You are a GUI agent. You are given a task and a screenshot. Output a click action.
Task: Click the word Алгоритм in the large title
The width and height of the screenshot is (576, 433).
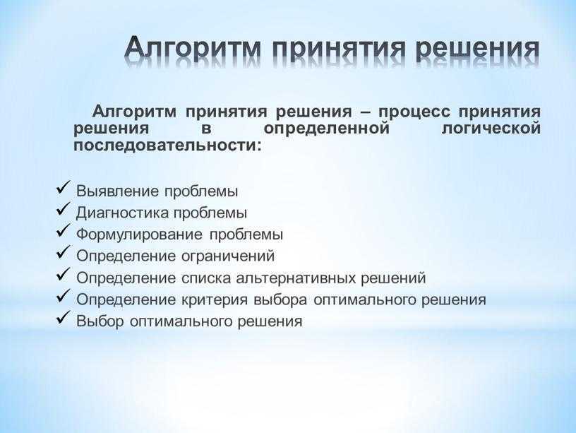(x=193, y=49)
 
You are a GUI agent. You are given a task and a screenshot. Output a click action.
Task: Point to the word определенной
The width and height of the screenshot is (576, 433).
(x=326, y=129)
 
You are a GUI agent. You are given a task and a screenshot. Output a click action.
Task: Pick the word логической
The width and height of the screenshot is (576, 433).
(x=491, y=129)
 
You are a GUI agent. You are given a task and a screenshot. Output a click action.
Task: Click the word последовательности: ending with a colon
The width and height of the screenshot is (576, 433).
(x=168, y=146)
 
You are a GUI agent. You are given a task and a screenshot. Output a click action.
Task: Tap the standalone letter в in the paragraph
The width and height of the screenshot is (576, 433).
(x=206, y=129)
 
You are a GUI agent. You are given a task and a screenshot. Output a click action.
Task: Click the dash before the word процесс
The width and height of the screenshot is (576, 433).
(x=366, y=112)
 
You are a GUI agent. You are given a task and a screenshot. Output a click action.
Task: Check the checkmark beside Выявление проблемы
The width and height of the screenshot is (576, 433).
(x=64, y=187)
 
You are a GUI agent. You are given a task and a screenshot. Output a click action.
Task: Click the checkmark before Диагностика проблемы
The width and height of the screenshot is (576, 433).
(x=64, y=209)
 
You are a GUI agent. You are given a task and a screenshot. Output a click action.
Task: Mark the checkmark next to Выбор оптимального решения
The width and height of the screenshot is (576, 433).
(x=64, y=317)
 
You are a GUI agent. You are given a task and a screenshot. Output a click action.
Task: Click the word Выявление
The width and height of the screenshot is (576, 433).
(x=118, y=191)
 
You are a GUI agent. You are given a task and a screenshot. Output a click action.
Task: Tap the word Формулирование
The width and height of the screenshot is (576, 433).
(x=140, y=235)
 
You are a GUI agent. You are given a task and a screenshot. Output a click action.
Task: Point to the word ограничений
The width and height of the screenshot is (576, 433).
(x=228, y=256)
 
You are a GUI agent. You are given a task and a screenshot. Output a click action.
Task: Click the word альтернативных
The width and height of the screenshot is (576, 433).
(x=296, y=278)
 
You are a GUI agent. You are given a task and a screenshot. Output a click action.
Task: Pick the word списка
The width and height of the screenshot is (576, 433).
(x=206, y=278)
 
